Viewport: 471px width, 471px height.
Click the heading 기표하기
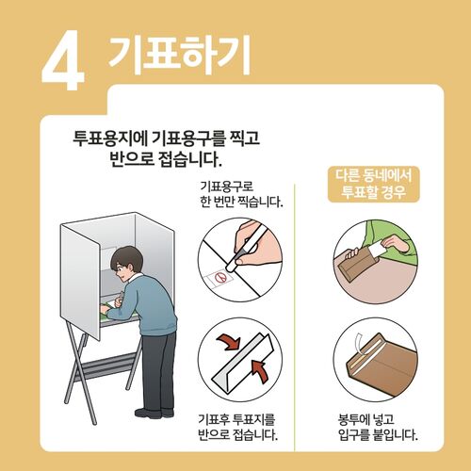[x=179, y=56]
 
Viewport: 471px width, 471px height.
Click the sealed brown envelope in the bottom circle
[x=377, y=370]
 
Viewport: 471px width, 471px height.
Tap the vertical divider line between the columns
[x=298, y=301]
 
